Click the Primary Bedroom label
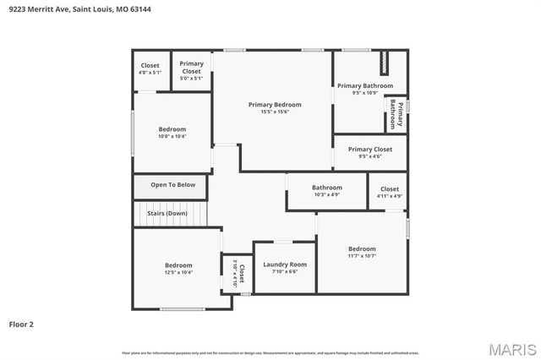(275, 105)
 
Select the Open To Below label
(173, 185)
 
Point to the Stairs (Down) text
(167, 213)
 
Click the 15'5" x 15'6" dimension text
(275, 112)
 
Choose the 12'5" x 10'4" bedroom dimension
(178, 272)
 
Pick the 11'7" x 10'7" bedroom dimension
(362, 255)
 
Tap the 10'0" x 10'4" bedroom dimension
(172, 136)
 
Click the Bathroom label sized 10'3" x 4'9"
(327, 188)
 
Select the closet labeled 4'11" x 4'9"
(390, 189)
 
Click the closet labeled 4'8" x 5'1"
(150, 65)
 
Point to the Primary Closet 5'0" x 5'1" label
(191, 67)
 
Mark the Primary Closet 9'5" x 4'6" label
(370, 150)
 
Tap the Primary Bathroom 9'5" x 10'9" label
(365, 86)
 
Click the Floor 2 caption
(22, 324)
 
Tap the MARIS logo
(511, 348)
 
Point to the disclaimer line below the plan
(270, 352)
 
